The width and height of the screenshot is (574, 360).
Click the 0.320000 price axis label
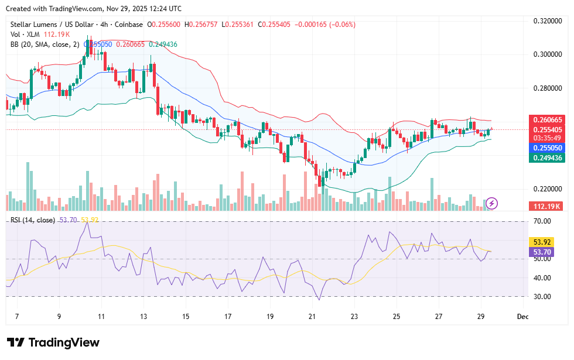pos(546,21)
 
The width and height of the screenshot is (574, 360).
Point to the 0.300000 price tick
pos(546,54)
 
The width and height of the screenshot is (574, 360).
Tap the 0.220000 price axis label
pos(546,189)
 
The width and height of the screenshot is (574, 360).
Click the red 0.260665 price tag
pos(546,119)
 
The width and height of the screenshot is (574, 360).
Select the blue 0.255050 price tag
pos(546,149)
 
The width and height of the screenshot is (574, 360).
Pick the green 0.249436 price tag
pos(546,158)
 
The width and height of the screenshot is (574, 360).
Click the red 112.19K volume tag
pos(546,206)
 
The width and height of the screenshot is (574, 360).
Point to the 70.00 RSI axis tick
pos(542,221)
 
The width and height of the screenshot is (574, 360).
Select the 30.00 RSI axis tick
pos(542,296)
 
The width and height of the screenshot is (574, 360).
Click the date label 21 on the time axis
pos(312,317)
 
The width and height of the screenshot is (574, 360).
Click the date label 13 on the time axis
pos(143,317)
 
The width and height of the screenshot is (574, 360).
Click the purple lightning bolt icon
pos(492,203)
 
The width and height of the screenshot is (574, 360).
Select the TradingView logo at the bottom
pos(53,342)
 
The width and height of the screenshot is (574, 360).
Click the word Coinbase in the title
pos(129,25)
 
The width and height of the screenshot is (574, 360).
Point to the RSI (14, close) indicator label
pos(33,220)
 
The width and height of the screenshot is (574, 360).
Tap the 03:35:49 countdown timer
pos(546,139)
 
